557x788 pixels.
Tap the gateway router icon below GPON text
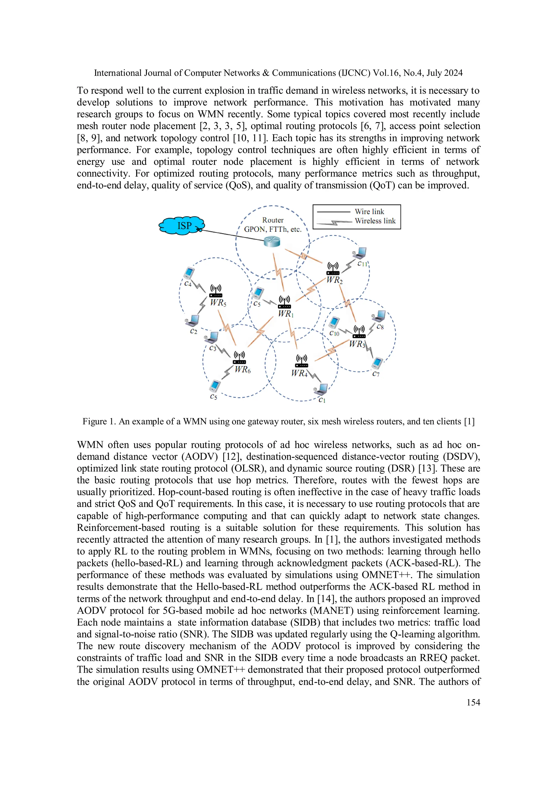pyautogui.click(x=272, y=242)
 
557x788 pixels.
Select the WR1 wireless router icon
pyautogui.click(x=284, y=302)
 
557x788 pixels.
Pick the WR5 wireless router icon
pyautogui.click(x=216, y=291)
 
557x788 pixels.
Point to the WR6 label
pyautogui.click(x=243, y=370)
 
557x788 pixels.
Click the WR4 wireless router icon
pyautogui.click(x=301, y=361)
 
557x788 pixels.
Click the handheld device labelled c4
pyautogui.click(x=188, y=273)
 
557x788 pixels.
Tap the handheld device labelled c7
pyautogui.click(x=377, y=362)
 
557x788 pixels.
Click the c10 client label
pyautogui.click(x=334, y=333)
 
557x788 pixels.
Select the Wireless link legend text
pyautogui.click(x=375, y=221)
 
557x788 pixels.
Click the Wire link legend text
pyautogui.click(x=369, y=212)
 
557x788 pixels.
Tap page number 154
pyautogui.click(x=473, y=703)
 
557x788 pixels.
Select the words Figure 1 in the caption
pyautogui.click(x=99, y=422)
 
